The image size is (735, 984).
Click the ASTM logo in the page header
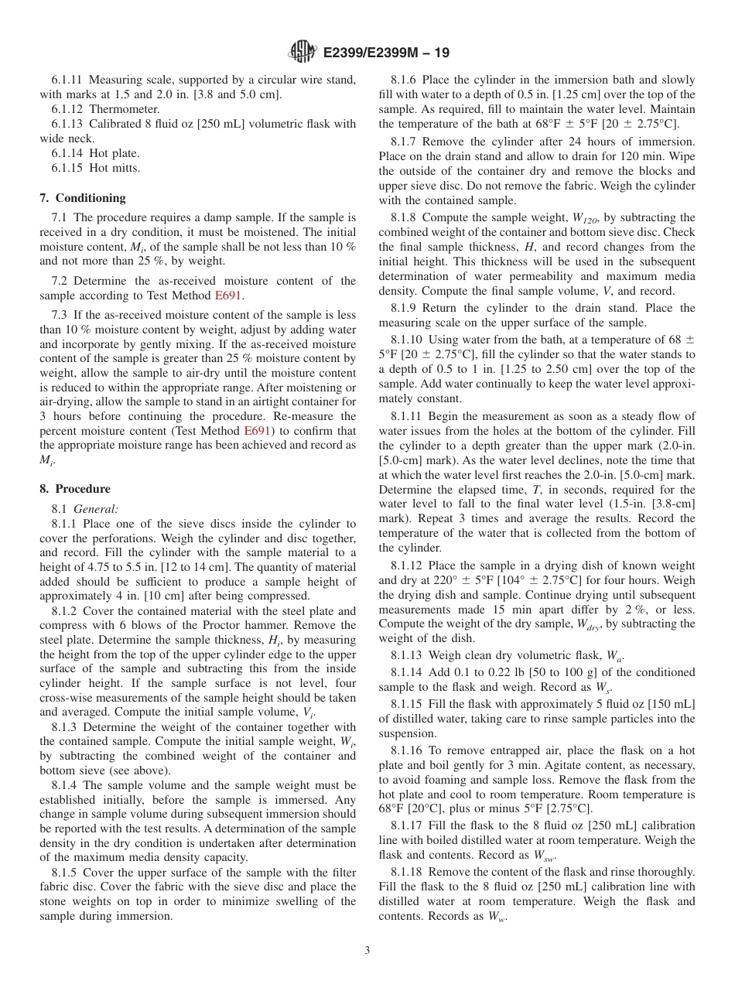[x=302, y=52]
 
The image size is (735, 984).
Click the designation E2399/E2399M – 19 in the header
[x=386, y=53]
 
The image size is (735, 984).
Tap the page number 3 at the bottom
[x=367, y=950]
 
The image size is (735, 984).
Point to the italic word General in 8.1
[x=96, y=509]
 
